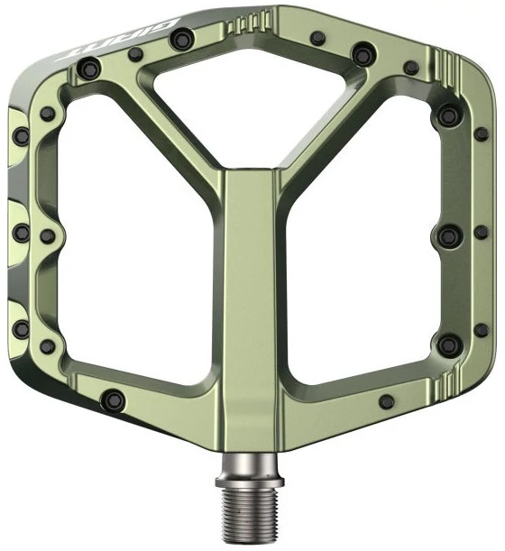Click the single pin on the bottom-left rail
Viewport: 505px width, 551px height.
point(114,399)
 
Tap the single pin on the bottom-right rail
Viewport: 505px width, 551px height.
point(387,401)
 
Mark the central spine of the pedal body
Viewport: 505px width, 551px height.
point(250,309)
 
